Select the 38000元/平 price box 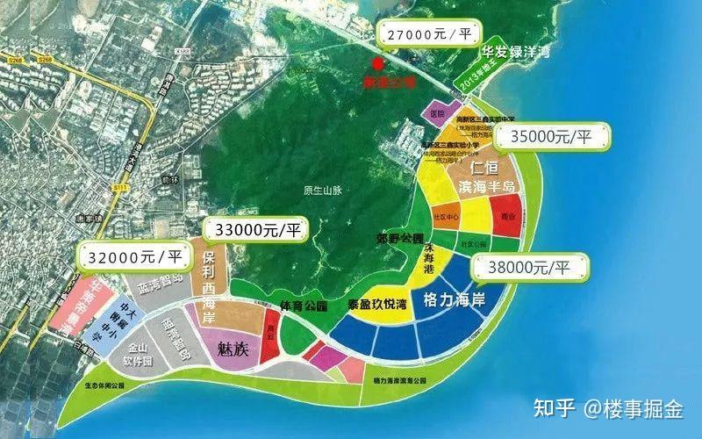coord(527,265)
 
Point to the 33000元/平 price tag coord(259,231)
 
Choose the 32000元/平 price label coord(136,256)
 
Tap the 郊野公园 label coord(405,239)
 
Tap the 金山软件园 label coord(136,356)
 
